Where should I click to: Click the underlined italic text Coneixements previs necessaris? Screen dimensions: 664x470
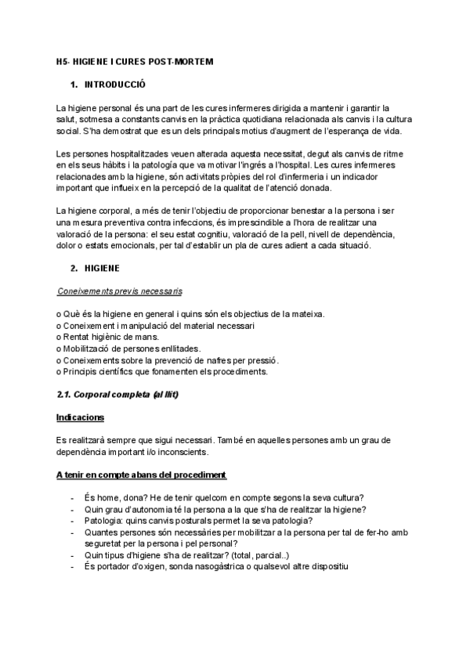tap(120, 291)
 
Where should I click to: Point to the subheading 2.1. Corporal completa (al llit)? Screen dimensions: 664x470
tap(117, 395)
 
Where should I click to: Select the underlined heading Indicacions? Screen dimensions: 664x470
tap(81, 417)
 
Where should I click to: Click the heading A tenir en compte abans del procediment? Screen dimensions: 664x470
tap(142, 475)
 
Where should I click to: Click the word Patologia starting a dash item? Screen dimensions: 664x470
tap(103, 521)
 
